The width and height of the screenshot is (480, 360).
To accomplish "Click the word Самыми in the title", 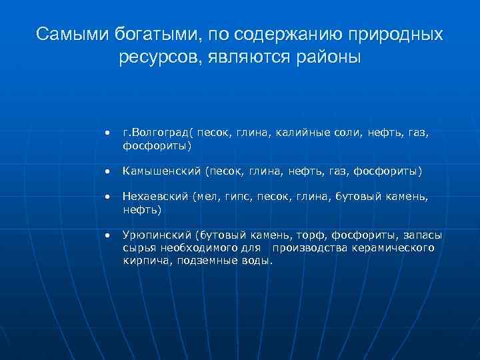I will (x=63, y=34).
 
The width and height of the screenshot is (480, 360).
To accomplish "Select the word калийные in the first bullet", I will (x=294, y=133).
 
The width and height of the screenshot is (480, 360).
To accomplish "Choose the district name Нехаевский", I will (x=156, y=197).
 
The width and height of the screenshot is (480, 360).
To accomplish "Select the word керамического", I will (x=393, y=248).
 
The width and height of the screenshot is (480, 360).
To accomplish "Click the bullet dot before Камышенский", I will (x=106, y=171).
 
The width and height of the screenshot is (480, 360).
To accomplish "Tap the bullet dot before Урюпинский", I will (x=106, y=235).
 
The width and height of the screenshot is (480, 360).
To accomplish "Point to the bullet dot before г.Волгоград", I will (x=106, y=133).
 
